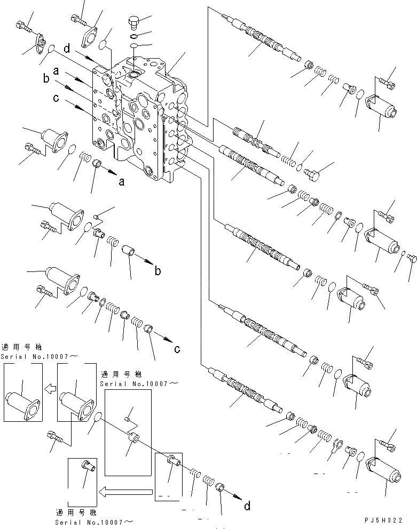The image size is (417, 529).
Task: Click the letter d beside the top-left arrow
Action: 67,48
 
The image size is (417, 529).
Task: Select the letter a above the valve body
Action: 55,71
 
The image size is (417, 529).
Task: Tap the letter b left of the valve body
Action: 47,80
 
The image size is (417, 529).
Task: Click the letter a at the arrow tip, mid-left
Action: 122,182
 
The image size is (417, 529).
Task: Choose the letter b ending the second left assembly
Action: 158,271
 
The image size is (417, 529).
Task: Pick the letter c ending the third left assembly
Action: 177,349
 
